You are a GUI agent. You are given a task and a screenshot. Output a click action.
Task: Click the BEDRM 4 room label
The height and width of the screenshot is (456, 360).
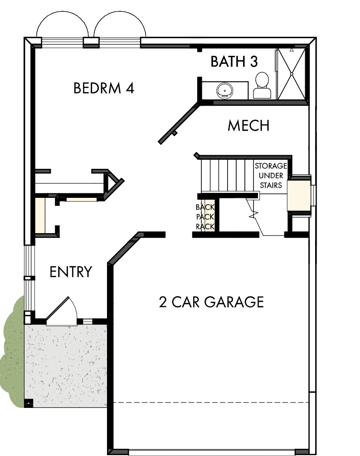coord(104,88)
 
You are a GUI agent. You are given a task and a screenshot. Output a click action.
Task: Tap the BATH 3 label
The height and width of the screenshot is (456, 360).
coord(234,62)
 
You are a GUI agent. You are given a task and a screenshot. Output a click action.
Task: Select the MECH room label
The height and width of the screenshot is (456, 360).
coord(248,126)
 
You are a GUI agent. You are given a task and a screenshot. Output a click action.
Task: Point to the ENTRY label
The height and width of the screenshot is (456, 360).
coord(71,272)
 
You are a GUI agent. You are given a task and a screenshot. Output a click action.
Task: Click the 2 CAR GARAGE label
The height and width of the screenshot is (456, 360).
coord(211,302)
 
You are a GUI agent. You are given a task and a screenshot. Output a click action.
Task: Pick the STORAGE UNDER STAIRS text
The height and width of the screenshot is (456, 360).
coord(270,175)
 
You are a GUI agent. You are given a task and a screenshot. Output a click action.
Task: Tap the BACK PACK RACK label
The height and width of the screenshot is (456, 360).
coord(204,216)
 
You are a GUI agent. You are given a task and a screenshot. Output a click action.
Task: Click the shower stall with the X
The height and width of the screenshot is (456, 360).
coord(292,74)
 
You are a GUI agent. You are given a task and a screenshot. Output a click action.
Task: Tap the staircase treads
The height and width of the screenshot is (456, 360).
coord(227,175)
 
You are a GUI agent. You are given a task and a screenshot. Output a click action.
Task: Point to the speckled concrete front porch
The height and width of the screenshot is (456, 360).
coord(66,363)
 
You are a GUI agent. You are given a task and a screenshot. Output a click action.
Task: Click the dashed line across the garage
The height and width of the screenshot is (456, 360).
coord(211,402)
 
